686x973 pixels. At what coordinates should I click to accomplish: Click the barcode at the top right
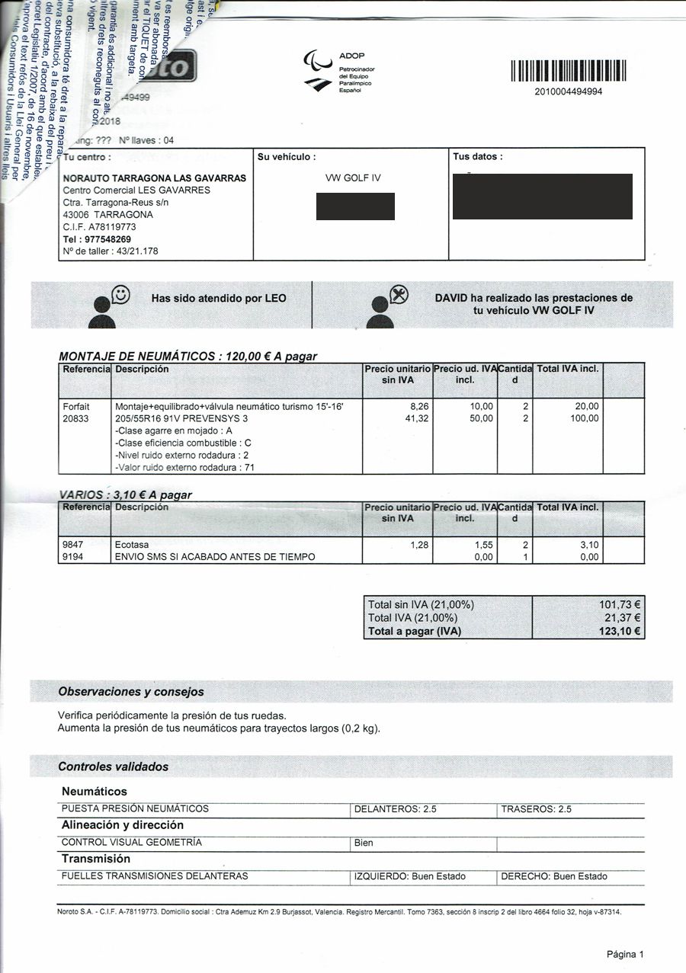[568, 71]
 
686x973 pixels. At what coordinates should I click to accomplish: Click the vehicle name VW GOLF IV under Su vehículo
[353, 178]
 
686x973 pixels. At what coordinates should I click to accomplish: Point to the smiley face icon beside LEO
[120, 293]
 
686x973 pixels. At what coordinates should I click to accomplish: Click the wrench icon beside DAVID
[399, 293]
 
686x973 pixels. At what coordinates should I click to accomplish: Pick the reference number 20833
[76, 418]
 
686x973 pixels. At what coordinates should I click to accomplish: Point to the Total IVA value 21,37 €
[620, 618]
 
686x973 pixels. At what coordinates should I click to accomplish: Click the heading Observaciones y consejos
[131, 692]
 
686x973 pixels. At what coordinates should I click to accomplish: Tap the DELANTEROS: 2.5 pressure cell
[396, 809]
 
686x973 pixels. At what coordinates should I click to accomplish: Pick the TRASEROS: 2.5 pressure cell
[537, 809]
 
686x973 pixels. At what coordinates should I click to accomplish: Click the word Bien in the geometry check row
[364, 843]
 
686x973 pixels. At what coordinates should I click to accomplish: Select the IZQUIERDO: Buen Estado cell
[410, 876]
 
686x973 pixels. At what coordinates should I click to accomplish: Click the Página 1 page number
[625, 954]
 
